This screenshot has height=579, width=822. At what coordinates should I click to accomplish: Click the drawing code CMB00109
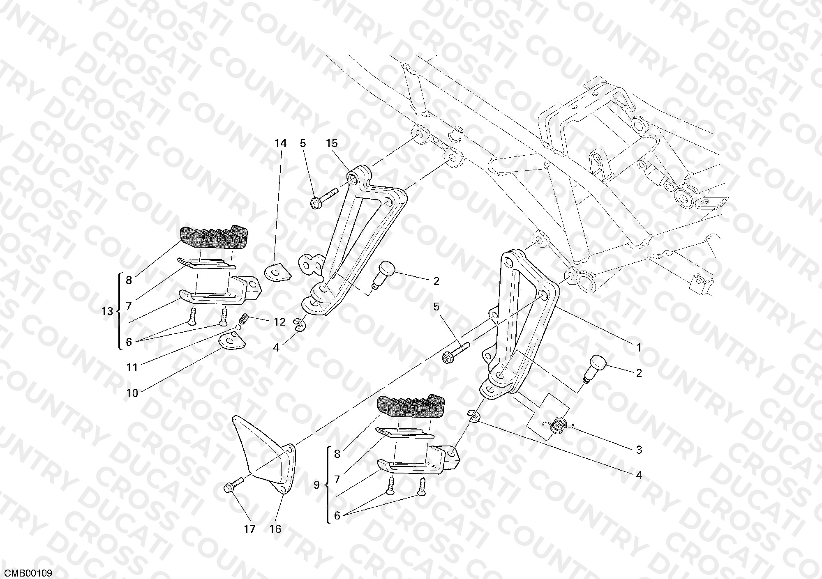(x=26, y=573)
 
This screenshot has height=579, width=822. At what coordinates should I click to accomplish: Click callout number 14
(x=280, y=143)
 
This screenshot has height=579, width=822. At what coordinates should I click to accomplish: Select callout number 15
(x=332, y=143)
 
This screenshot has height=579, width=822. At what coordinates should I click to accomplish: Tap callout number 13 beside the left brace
(x=107, y=311)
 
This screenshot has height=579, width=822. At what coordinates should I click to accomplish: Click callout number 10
(x=132, y=393)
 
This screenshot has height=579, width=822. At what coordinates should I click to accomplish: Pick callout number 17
(x=249, y=529)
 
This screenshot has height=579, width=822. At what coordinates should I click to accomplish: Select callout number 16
(x=275, y=529)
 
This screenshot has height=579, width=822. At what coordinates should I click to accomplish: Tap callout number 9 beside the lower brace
(x=316, y=485)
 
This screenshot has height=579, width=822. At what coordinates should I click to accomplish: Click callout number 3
(x=639, y=450)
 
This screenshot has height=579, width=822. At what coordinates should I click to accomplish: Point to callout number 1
(x=639, y=348)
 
